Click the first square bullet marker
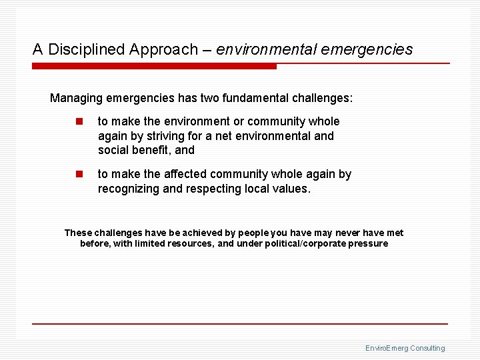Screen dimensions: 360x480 click(79, 121)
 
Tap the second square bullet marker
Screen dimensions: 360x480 click(79, 174)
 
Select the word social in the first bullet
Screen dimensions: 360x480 click(113, 150)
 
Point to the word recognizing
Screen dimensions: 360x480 click(127, 189)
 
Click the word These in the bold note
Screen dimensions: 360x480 click(78, 233)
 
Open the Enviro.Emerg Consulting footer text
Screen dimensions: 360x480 click(405, 348)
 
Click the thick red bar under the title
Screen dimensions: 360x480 click(154, 66)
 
